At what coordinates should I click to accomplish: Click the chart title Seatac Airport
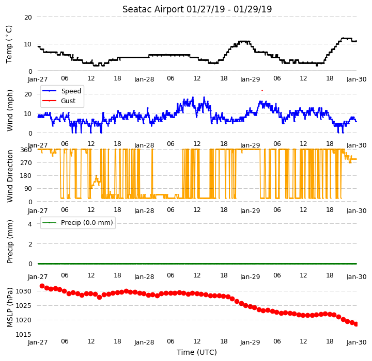153,9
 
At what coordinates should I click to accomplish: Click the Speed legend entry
61,91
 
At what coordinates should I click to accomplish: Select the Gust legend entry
59,101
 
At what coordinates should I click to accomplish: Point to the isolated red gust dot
262,90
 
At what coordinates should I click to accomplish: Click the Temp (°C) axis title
9,44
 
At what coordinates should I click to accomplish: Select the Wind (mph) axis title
10,110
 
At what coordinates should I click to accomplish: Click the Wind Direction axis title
10,176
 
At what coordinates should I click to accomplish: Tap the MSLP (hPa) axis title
10,307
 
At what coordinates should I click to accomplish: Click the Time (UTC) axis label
197,352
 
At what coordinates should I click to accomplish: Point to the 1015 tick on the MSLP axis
23,335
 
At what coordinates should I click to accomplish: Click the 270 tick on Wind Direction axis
26,163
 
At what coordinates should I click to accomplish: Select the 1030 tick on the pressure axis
23,291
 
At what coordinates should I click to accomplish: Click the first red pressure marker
42,286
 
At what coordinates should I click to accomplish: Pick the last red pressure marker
356,324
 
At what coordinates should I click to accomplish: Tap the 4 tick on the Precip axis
29,224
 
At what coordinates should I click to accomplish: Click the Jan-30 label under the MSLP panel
357,342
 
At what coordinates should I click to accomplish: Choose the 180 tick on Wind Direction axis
26,176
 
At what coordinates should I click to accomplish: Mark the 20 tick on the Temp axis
28,18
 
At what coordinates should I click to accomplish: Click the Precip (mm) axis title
10,242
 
